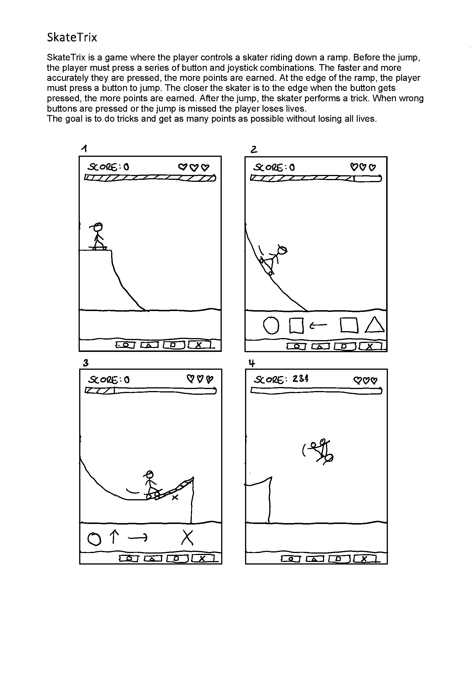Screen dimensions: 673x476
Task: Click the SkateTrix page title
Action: (x=72, y=37)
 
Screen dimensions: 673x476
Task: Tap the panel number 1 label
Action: (x=84, y=148)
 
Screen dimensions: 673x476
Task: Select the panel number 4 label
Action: (x=252, y=363)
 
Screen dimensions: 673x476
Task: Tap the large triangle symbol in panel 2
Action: (x=375, y=326)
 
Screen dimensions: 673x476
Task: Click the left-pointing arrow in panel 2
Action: (x=318, y=325)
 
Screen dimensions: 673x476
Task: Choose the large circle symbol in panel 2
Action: (x=271, y=326)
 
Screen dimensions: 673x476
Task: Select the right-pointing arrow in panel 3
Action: (x=138, y=537)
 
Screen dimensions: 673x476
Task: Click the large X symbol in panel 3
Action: (x=187, y=537)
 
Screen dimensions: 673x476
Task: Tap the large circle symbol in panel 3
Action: (x=94, y=539)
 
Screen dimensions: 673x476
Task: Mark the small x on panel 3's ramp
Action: (x=175, y=497)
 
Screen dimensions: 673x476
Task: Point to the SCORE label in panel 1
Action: (x=103, y=167)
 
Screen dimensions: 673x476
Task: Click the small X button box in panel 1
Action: (x=199, y=345)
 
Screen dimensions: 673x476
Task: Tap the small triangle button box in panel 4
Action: (x=315, y=559)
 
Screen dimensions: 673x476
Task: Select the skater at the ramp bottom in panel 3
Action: (x=151, y=485)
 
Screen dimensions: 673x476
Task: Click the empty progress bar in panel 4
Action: (x=316, y=391)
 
